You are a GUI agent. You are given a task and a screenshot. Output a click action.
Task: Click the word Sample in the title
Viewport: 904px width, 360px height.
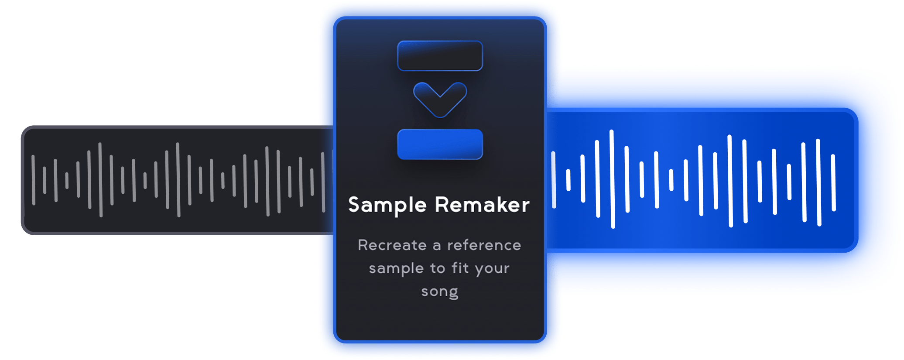click(x=387, y=205)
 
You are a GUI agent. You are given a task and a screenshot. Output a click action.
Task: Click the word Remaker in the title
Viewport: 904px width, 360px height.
click(x=482, y=205)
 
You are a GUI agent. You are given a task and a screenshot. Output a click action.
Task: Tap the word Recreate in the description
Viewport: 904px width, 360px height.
click(x=392, y=245)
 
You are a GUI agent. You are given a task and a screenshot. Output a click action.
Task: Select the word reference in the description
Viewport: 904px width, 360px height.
click(x=484, y=245)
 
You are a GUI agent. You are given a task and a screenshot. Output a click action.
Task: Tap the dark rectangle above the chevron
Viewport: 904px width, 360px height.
click(x=440, y=56)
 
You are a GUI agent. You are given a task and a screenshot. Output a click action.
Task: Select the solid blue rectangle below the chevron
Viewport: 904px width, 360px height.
click(x=440, y=144)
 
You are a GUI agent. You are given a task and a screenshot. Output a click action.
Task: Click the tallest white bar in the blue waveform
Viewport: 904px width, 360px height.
click(x=612, y=179)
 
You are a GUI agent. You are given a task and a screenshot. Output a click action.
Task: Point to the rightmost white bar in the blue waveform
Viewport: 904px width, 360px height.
click(x=833, y=182)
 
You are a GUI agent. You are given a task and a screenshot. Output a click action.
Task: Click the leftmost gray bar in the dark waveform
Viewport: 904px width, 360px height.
click(x=33, y=180)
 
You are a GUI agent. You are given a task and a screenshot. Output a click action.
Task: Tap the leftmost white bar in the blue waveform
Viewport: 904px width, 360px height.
click(x=553, y=179)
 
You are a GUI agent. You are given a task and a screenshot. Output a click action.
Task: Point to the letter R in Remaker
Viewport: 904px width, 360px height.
click(x=443, y=205)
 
